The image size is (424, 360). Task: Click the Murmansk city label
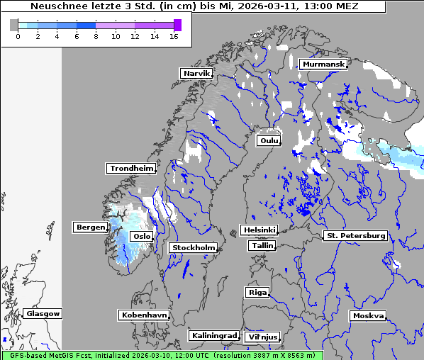pos(323,64)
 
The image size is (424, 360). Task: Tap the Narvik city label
pos(196,74)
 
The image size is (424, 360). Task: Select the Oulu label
pos(269,141)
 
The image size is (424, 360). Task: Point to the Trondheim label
pos(131,169)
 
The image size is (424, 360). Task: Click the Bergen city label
pos(90,227)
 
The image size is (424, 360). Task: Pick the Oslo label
pos(142,236)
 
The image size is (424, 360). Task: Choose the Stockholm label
pos(193,248)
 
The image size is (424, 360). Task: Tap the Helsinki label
pos(259,230)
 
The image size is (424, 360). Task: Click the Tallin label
pos(262,245)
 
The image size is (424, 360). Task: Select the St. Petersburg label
pos(355,235)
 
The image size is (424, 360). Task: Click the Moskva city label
pos(368,316)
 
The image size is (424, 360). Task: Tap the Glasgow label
pos(43,313)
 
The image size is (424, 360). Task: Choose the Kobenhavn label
pos(144,315)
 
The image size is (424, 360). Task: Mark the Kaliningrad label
pos(213,335)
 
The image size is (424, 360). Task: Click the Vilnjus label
pos(262,337)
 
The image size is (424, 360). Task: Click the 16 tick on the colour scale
pos(174,37)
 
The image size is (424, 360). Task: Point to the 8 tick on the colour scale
pos(96,37)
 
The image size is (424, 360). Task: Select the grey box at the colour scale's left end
pos(14,25)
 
